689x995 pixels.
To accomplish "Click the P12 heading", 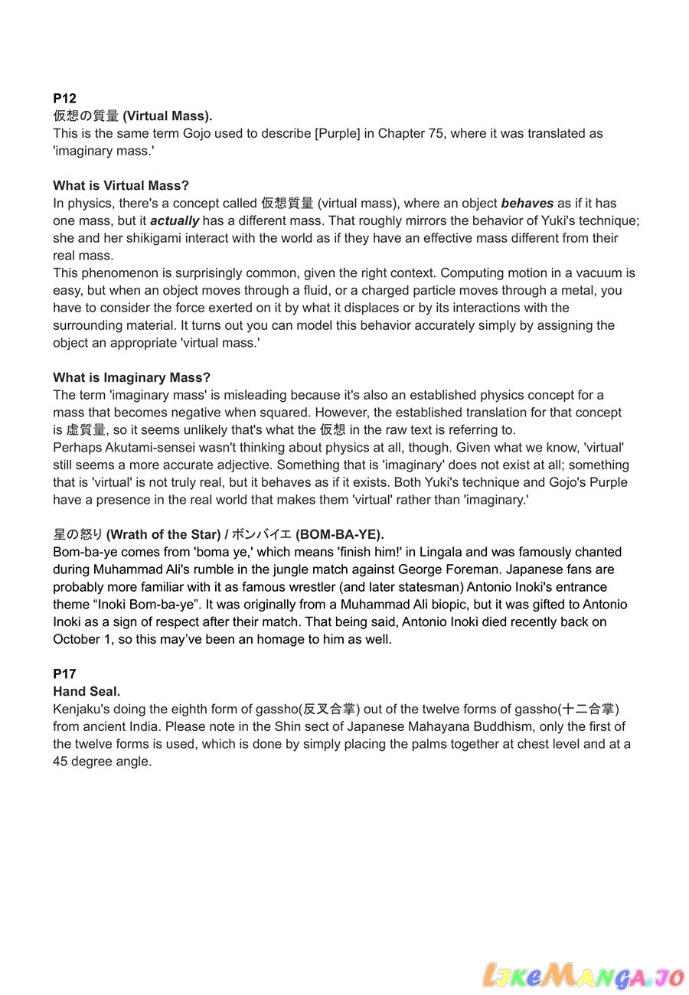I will (x=64, y=98).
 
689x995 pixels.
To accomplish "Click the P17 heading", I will (x=64, y=674).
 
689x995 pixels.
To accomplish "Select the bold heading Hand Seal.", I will (x=87, y=691).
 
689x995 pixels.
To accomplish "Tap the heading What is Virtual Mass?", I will (x=120, y=185).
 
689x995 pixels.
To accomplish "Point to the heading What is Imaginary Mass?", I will (x=131, y=377).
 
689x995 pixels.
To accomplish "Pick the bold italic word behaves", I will (x=527, y=203).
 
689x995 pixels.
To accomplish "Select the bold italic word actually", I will (x=175, y=220).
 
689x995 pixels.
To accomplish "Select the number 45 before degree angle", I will (x=60, y=761).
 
